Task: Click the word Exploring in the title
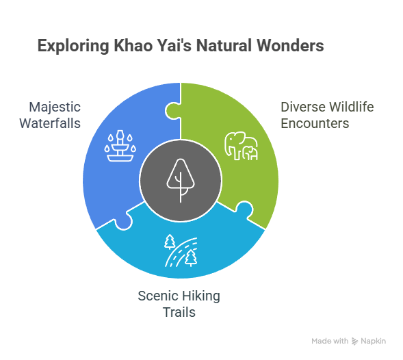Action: pyautogui.click(x=73, y=47)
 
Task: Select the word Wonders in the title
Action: pyautogui.click(x=290, y=46)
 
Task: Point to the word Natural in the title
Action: pyautogui.click(x=224, y=46)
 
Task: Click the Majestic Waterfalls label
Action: pyautogui.click(x=50, y=115)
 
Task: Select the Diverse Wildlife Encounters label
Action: pyautogui.click(x=327, y=115)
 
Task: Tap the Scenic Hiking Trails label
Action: pyautogui.click(x=179, y=304)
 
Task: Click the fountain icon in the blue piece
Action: pyautogui.click(x=120, y=146)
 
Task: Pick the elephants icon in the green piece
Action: pyautogui.click(x=241, y=146)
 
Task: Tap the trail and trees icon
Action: pyautogui.click(x=181, y=250)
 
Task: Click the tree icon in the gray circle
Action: pyautogui.click(x=181, y=181)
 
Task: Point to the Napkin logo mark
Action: pyautogui.click(x=354, y=342)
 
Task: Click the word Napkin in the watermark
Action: pyautogui.click(x=373, y=342)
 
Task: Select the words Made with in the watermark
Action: pyautogui.click(x=330, y=341)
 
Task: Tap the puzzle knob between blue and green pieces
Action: pyautogui.click(x=173, y=111)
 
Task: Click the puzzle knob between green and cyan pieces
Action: pyautogui.click(x=244, y=209)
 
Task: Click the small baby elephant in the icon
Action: pyautogui.click(x=250, y=153)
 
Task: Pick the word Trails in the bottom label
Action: pyautogui.click(x=179, y=312)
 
